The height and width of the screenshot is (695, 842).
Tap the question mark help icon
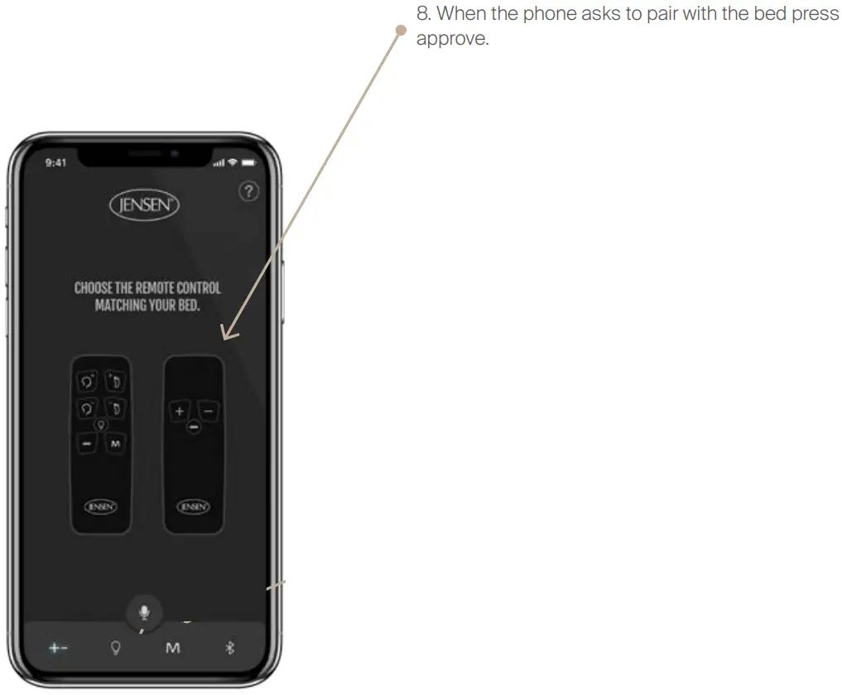[x=248, y=192]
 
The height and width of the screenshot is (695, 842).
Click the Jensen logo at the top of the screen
[x=144, y=205]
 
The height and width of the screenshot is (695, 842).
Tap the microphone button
[x=144, y=612]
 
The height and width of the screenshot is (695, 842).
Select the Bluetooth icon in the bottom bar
[x=230, y=648]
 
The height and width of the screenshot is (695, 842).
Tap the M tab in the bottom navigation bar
[x=172, y=648]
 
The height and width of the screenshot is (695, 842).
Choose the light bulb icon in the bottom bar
[x=116, y=648]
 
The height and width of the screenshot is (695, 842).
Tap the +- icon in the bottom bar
[x=58, y=648]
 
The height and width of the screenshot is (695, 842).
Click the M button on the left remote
[x=115, y=444]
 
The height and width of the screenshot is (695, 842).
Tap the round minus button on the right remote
[x=193, y=427]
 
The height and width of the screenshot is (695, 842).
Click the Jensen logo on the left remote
[x=101, y=506]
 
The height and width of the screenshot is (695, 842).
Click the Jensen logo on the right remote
[x=193, y=506]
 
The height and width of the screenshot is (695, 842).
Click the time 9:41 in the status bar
[x=56, y=163]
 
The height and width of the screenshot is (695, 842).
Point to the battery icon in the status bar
[x=248, y=162]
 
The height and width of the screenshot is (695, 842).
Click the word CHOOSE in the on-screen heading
[x=91, y=288]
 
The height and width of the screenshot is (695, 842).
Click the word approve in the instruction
[x=452, y=40]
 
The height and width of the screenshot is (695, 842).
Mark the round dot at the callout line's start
[x=401, y=31]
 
